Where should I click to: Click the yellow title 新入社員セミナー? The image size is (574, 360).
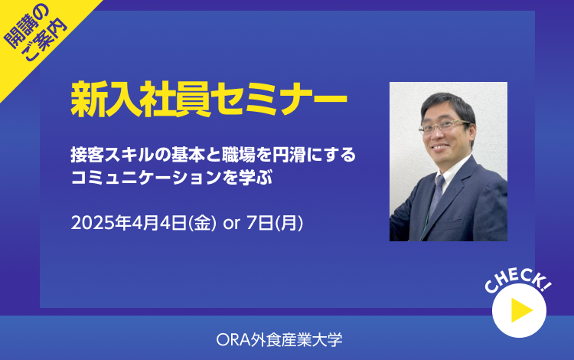(209, 100)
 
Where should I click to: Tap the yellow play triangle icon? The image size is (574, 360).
(520, 309)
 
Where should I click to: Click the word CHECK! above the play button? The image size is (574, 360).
(518, 281)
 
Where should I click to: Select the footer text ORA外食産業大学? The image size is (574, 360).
(279, 339)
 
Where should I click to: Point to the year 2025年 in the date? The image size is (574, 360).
(101, 223)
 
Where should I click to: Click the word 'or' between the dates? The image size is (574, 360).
(231, 223)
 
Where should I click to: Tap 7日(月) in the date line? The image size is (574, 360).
(275, 223)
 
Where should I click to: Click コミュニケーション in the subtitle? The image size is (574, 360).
(146, 178)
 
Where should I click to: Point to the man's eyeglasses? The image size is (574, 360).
(444, 126)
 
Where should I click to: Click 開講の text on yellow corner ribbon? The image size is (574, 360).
(25, 26)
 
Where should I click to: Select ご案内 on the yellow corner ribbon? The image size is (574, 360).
(44, 39)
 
